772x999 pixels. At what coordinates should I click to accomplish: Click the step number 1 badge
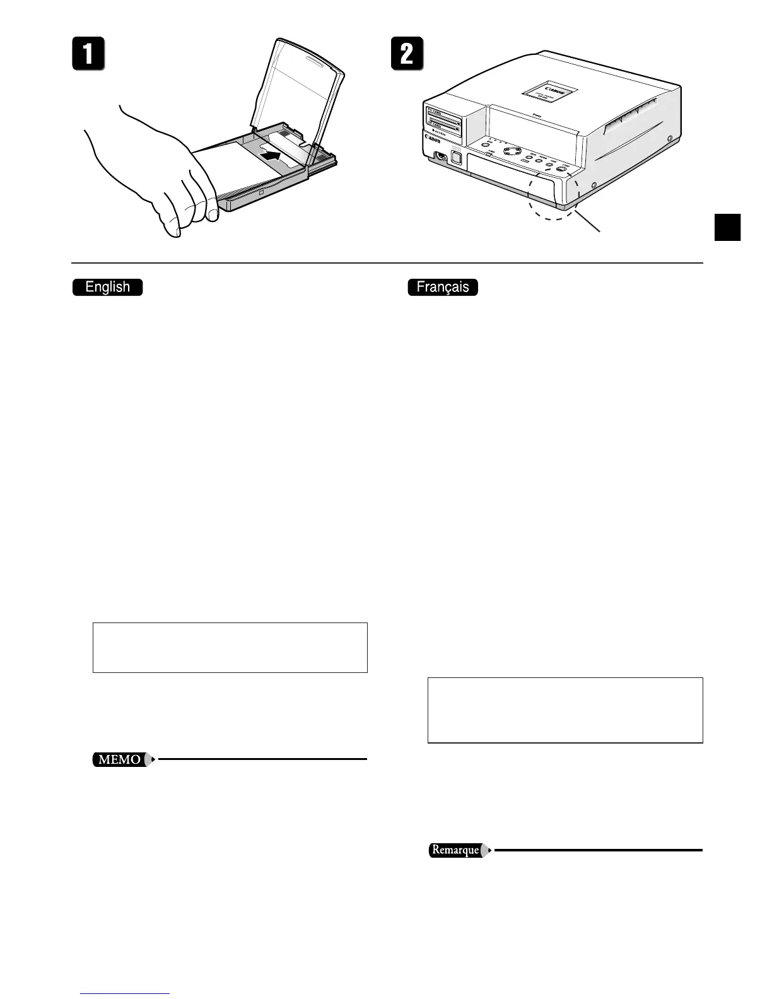[x=88, y=54]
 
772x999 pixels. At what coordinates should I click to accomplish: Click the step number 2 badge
[x=407, y=54]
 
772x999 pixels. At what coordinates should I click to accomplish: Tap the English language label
[x=108, y=287]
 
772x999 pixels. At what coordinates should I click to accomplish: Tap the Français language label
[x=443, y=287]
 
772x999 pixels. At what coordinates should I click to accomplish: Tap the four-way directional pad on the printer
[x=513, y=151]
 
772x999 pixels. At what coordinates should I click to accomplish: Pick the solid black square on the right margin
[x=727, y=227]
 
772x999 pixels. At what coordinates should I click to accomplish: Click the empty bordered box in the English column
[x=230, y=647]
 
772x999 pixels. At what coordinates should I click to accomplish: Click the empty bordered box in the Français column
[x=565, y=710]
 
